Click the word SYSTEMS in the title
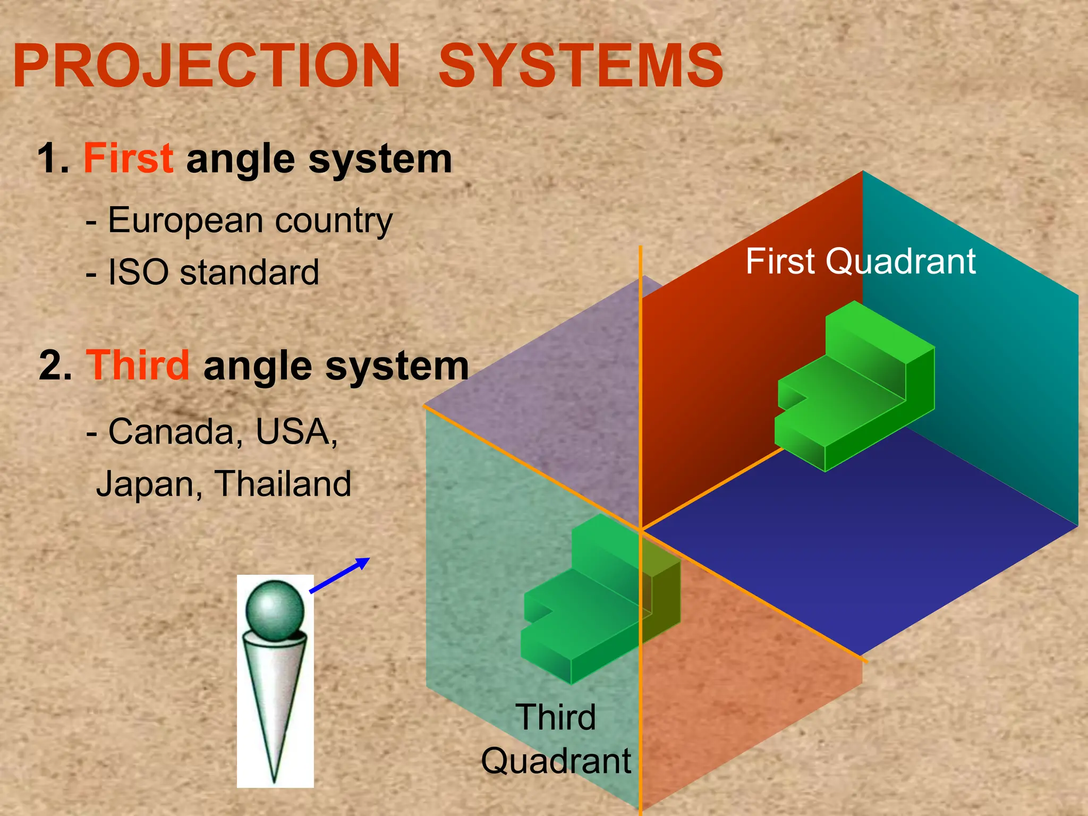580,66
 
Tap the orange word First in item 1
128,158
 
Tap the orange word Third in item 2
138,365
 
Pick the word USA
295,431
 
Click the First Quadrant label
860,261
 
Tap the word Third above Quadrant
556,717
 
